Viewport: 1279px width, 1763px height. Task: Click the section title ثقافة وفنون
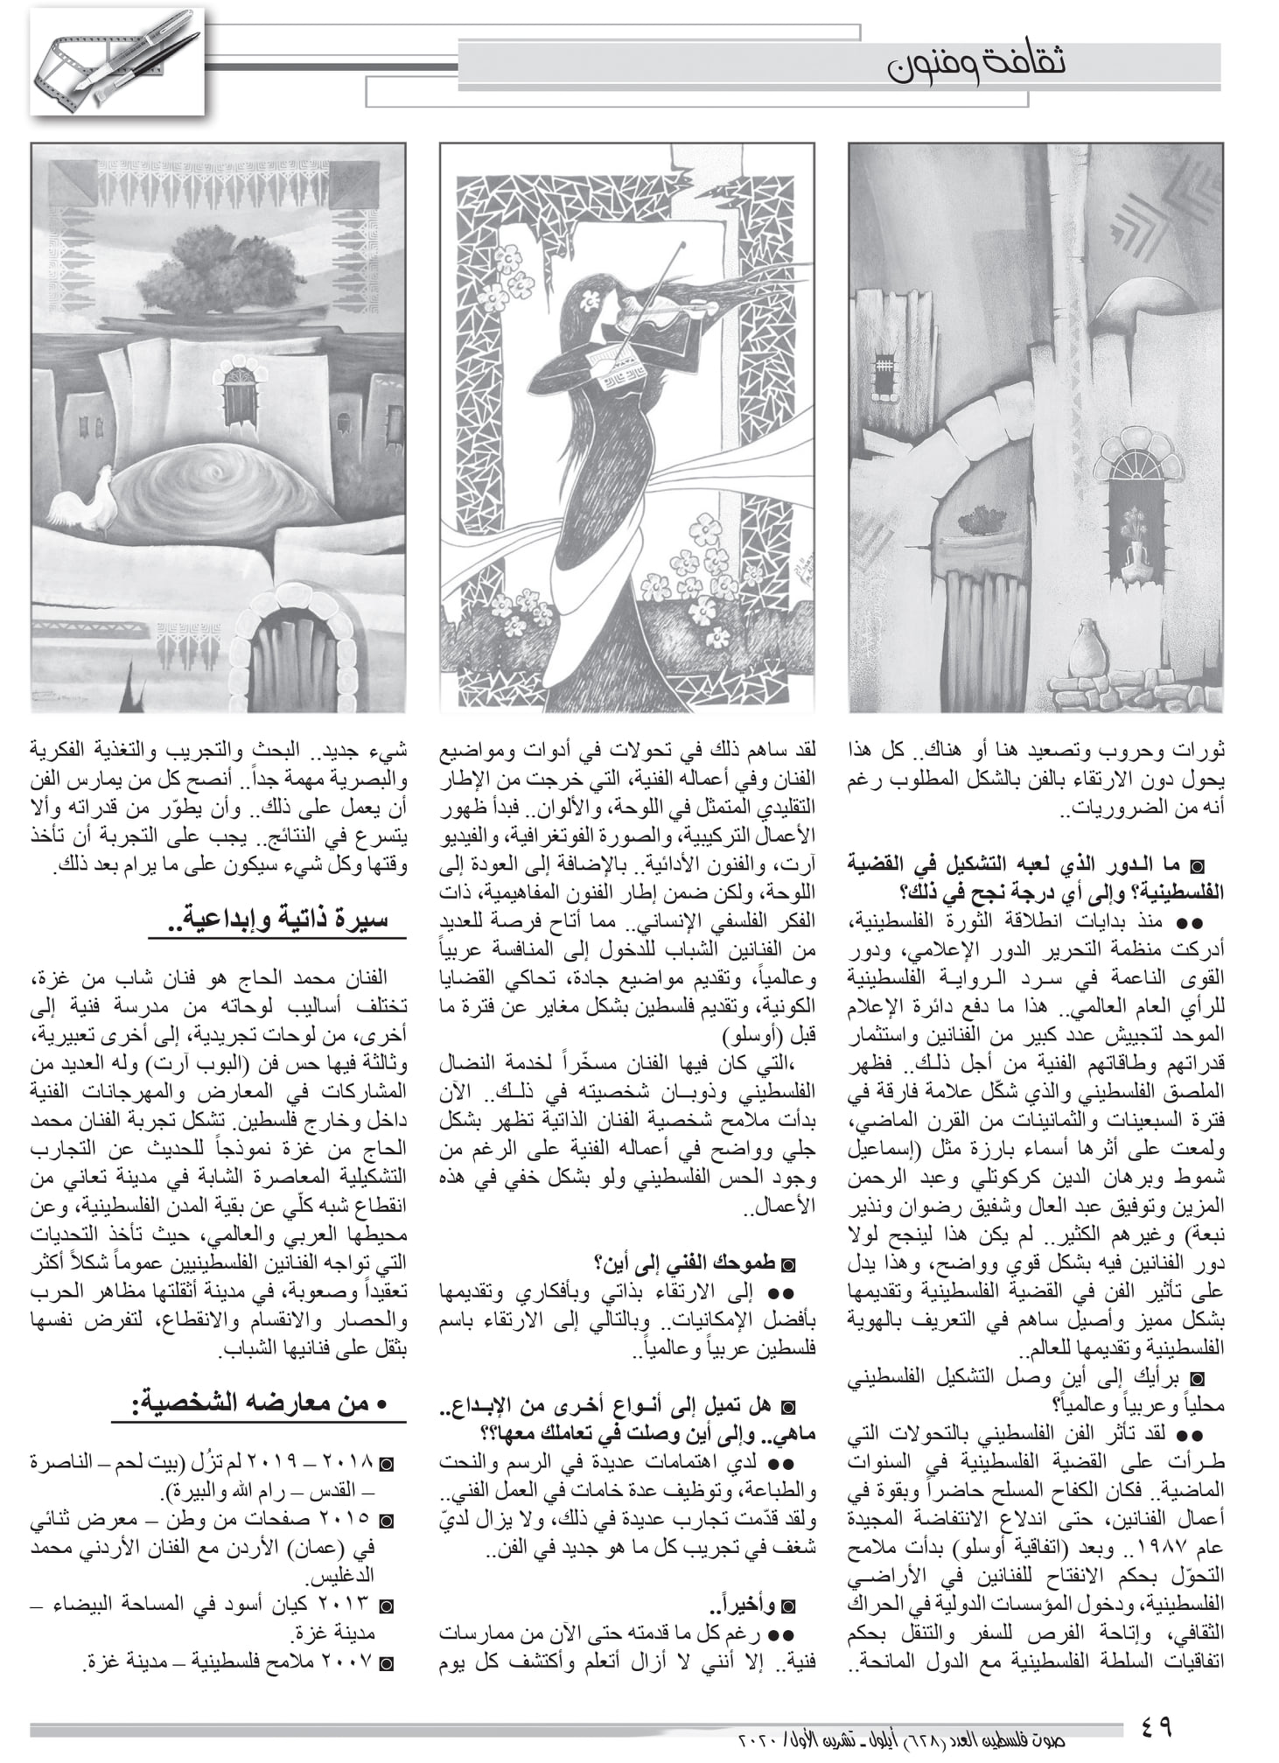click(x=976, y=63)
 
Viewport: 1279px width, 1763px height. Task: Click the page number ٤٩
click(x=1156, y=1725)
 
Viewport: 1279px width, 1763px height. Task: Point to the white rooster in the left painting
click(x=84, y=500)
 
